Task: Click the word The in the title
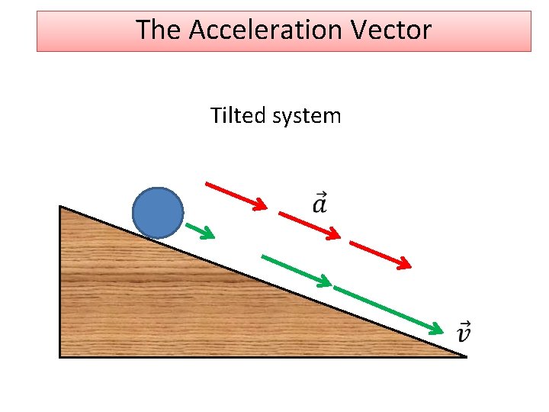(x=159, y=31)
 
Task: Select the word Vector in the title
(x=400, y=31)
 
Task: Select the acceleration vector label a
(x=320, y=204)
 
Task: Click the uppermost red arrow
(x=236, y=195)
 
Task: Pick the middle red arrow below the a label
(x=309, y=226)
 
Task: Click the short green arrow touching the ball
(x=199, y=230)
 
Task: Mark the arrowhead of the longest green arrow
(x=436, y=330)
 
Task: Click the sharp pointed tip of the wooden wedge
(x=463, y=356)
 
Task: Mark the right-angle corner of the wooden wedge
(x=61, y=356)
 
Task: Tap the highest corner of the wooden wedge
(x=61, y=207)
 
